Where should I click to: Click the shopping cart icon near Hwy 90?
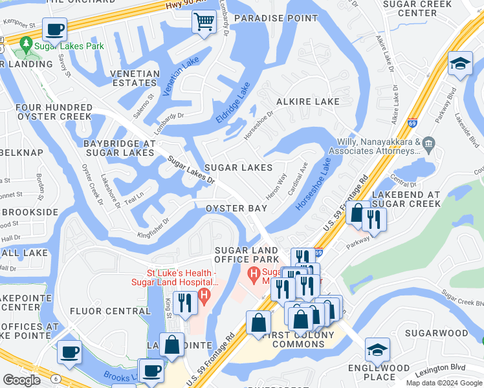tap(204, 23)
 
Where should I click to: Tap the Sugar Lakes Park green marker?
tap(27, 45)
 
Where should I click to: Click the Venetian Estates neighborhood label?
tap(135, 78)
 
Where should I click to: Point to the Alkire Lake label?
tap(307, 102)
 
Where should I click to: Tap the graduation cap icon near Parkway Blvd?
tap(460, 64)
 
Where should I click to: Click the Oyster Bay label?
tap(236, 208)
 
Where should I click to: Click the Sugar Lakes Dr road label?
tap(191, 169)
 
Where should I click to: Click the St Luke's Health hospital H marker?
tap(204, 297)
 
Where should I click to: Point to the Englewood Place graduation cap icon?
tap(377, 350)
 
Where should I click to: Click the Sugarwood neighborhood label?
tap(436, 333)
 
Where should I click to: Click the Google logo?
tap(22, 380)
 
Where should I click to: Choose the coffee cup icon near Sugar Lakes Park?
tap(55, 29)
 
